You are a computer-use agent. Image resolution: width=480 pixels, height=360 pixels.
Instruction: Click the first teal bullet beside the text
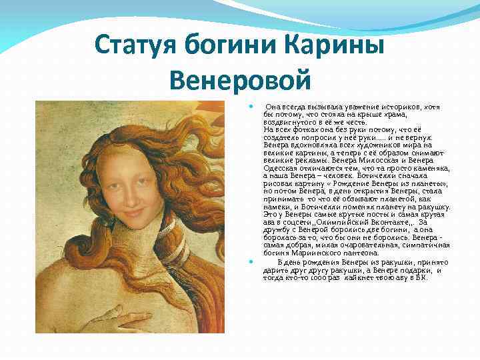249,106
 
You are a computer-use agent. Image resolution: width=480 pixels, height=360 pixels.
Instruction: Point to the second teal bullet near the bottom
249,261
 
